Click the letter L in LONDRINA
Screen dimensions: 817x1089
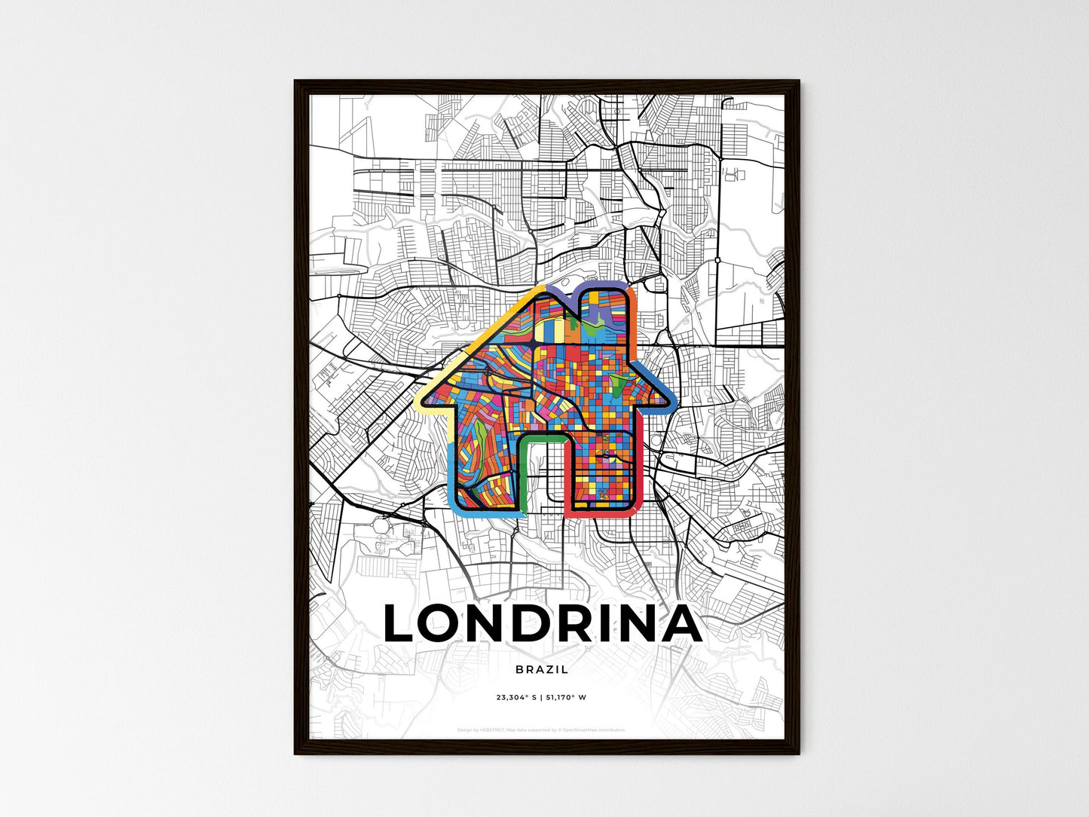pyautogui.click(x=401, y=625)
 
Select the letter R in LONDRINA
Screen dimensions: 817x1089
pyautogui.click(x=577, y=625)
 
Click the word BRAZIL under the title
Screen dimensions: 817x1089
pyautogui.click(x=542, y=669)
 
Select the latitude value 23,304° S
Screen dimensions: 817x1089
pyautogui.click(x=516, y=698)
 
